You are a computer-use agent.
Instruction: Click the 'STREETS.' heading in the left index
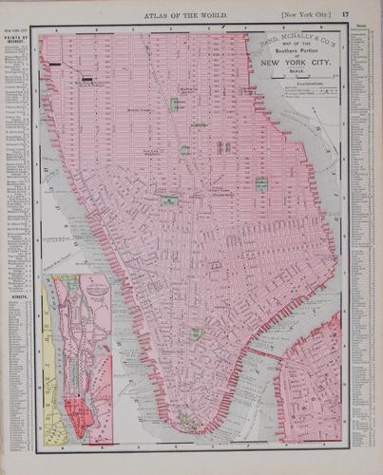[16, 295]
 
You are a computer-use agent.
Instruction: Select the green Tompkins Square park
[260, 183]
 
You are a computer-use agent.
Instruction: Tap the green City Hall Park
[197, 333]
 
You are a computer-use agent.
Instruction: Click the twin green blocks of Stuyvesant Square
[223, 146]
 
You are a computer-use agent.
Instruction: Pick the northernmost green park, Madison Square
[175, 104]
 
